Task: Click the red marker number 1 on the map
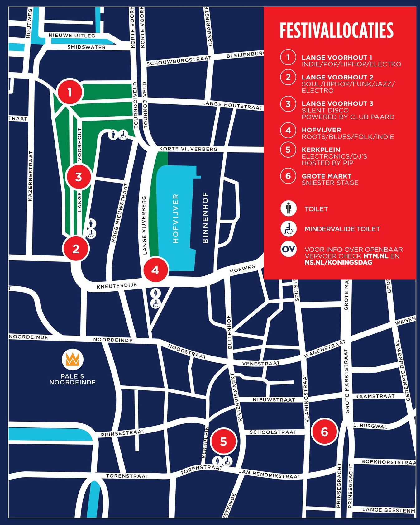(x=70, y=92)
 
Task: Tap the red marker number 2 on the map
(x=76, y=249)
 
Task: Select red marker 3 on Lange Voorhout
(x=79, y=177)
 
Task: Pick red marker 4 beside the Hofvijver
(x=155, y=270)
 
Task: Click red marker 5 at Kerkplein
(x=223, y=441)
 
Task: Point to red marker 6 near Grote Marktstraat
(x=324, y=432)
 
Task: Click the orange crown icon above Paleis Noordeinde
(x=73, y=359)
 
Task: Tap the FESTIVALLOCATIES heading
(x=336, y=30)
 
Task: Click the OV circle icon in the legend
(x=288, y=249)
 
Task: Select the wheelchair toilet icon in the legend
(x=288, y=229)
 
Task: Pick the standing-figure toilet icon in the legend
(x=288, y=208)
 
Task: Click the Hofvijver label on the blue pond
(x=176, y=218)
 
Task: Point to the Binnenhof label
(x=205, y=217)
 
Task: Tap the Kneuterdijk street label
(x=117, y=286)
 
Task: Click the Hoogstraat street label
(x=187, y=351)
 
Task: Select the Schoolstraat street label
(x=273, y=432)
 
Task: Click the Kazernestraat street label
(x=30, y=176)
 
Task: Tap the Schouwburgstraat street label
(x=179, y=61)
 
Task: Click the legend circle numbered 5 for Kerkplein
(x=288, y=150)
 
